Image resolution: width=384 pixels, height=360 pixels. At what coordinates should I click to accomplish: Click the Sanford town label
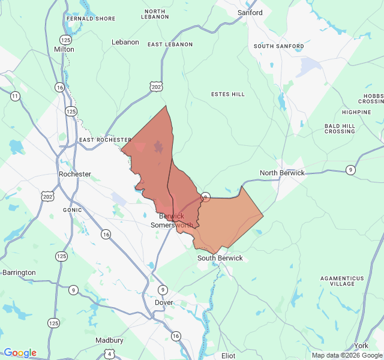point(250,13)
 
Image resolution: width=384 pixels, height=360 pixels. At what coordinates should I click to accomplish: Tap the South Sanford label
point(278,46)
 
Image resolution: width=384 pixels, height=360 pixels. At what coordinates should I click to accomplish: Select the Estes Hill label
point(228,94)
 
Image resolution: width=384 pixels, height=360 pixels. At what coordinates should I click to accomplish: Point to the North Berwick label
point(282,173)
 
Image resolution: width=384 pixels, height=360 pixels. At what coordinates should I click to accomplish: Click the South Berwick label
point(220,258)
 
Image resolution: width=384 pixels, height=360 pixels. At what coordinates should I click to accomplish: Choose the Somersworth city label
point(172,225)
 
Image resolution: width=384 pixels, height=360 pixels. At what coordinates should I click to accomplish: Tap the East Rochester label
point(104,140)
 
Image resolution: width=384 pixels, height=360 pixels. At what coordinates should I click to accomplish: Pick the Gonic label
point(72,210)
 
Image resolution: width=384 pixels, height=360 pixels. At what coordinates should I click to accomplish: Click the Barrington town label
point(19,272)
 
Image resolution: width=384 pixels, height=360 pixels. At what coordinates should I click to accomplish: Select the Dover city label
point(164,302)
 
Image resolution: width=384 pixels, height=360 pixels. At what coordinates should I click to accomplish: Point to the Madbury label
point(110,340)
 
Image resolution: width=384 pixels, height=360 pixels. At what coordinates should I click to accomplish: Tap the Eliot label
point(228,356)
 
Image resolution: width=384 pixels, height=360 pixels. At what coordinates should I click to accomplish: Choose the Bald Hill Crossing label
point(340,128)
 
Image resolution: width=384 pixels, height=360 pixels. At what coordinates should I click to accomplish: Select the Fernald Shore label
point(91,19)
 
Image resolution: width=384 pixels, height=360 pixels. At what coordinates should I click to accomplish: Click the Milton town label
point(64,49)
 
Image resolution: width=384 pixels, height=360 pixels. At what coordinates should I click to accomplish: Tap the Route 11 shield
point(15,96)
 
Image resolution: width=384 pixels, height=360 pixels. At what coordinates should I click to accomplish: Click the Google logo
point(20,353)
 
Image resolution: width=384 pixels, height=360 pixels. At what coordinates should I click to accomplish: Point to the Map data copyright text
point(346,355)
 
